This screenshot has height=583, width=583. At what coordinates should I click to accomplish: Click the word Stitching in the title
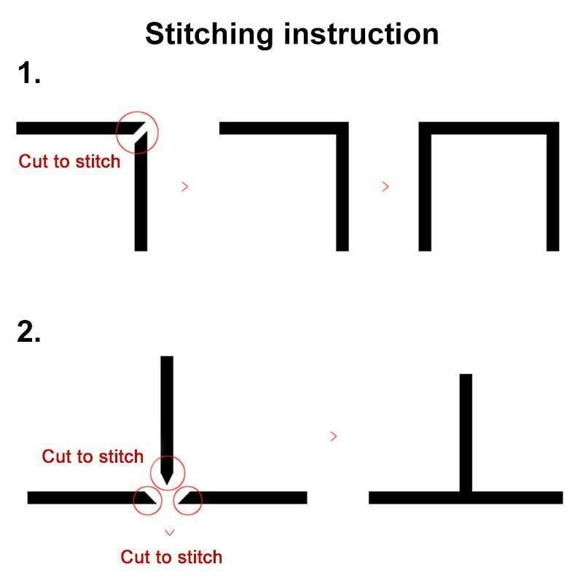pyautogui.click(x=209, y=34)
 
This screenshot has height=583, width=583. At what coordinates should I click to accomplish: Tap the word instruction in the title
pyautogui.click(x=361, y=34)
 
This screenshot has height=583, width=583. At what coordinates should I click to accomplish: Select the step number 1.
pyautogui.click(x=28, y=73)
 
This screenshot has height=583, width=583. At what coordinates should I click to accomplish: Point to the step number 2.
pyautogui.click(x=28, y=332)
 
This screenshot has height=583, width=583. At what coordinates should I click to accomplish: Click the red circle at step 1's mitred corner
pyautogui.click(x=137, y=111)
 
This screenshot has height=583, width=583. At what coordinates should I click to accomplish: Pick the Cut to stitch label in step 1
pyautogui.click(x=69, y=161)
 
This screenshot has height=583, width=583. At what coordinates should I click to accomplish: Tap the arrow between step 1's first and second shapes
pyautogui.click(x=185, y=187)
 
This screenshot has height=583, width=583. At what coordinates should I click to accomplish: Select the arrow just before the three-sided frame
pyautogui.click(x=386, y=187)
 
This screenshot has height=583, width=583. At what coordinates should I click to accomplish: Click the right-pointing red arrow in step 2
pyautogui.click(x=334, y=436)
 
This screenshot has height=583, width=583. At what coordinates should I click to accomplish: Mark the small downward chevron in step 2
pyautogui.click(x=170, y=533)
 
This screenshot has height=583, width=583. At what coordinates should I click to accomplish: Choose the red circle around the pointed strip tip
pyautogui.click(x=168, y=456)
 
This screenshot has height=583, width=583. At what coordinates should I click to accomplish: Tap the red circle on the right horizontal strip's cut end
pyautogui.click(x=188, y=486)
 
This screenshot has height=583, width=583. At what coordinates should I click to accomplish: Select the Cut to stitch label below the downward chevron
pyautogui.click(x=171, y=557)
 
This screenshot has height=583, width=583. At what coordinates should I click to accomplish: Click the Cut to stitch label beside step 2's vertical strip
pyautogui.click(x=93, y=457)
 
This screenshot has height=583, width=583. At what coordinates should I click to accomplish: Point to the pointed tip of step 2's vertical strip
pyautogui.click(x=167, y=485)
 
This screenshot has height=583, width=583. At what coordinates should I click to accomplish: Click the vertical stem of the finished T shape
pyautogui.click(x=466, y=433)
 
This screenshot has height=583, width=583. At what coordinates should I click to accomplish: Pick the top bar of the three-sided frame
pyautogui.click(x=489, y=128)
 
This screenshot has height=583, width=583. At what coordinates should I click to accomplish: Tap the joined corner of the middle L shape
pyautogui.click(x=343, y=128)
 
